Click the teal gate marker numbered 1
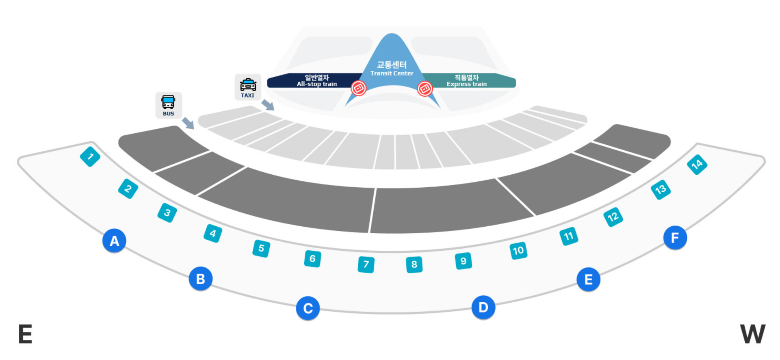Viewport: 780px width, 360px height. tap(90, 156)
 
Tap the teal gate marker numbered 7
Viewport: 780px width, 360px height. tap(366, 265)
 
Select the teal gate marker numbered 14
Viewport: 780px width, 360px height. tap(697, 164)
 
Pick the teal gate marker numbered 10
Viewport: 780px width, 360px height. tap(518, 250)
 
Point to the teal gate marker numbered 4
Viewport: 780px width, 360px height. tap(213, 233)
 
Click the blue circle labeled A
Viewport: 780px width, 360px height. tap(114, 241)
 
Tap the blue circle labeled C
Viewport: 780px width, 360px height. tap(308, 308)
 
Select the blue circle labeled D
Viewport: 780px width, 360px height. tap(483, 307)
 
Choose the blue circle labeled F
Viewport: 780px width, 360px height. tap(675, 237)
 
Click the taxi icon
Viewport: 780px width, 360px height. tap(248, 87)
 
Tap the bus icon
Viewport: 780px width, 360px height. tap(169, 105)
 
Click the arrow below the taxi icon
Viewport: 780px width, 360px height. tap(268, 104)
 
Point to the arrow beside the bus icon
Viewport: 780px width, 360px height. tap(188, 123)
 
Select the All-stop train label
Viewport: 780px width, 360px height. tap(316, 80)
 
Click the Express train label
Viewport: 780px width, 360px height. tap(466, 80)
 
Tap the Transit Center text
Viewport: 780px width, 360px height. tap(392, 68)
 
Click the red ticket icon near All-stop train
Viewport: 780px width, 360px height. tap(359, 88)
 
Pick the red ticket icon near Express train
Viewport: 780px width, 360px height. tap(425, 88)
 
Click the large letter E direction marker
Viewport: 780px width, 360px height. tap(25, 334)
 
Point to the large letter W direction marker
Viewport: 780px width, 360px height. tap(752, 334)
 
